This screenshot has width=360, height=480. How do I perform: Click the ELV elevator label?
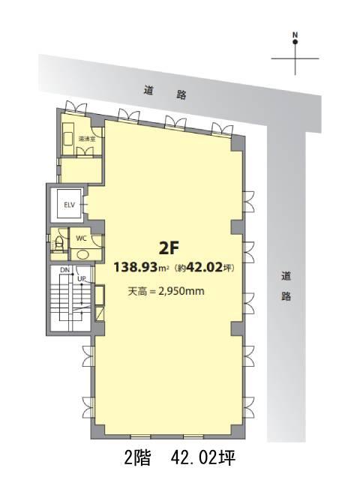(70, 205)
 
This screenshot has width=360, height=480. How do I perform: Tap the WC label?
(81, 238)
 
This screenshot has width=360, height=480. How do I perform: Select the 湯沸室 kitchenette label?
(87, 139)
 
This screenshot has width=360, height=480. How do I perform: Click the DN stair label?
(64, 270)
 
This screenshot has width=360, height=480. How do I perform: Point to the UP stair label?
(81, 278)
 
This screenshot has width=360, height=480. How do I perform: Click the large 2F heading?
(169, 248)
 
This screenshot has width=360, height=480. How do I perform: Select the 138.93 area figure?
(136, 267)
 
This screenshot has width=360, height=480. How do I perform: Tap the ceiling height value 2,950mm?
(181, 291)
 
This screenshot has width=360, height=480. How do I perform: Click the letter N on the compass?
(295, 34)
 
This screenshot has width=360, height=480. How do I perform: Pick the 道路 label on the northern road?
(165, 93)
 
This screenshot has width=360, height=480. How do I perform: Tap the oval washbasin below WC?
(82, 254)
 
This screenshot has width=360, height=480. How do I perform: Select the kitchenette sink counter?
(68, 138)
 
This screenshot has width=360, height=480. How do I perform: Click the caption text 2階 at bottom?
(137, 458)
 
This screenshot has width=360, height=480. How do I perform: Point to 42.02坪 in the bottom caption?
(203, 458)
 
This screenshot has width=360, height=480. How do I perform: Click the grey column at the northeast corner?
(238, 143)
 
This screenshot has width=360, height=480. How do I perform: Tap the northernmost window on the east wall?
(249, 201)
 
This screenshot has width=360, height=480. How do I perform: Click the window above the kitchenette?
(76, 108)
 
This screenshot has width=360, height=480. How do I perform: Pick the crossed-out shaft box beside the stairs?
(100, 313)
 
